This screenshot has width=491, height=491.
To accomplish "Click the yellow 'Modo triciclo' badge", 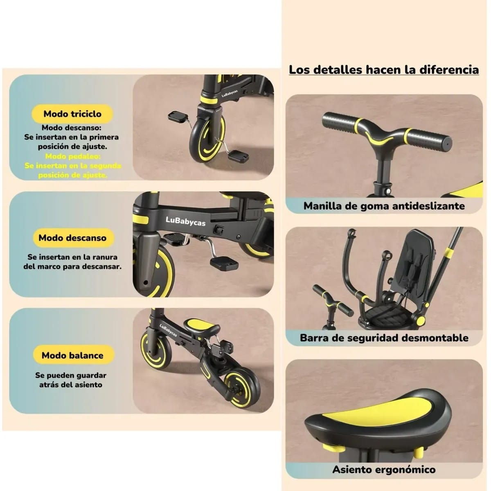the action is (72, 114).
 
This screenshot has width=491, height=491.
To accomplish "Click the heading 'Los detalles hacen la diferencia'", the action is (384, 70).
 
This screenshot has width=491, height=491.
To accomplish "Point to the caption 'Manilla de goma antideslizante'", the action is (384, 206).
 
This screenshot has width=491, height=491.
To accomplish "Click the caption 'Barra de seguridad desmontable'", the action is (384, 338).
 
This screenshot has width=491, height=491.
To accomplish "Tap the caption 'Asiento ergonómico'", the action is (384, 469).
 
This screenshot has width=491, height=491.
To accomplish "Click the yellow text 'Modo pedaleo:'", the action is (73, 156).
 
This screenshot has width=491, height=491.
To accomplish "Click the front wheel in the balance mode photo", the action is (156, 349).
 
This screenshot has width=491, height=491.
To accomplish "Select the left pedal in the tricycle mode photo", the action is (178, 116).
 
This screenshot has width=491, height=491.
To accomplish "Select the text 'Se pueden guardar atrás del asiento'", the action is (71, 380).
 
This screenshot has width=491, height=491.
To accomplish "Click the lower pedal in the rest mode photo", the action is (224, 262).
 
